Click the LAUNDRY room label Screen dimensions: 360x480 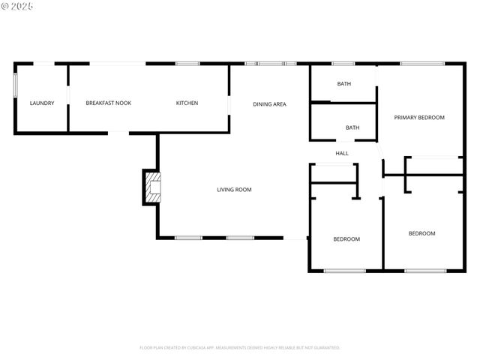(41, 103)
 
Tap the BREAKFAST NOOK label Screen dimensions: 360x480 (108, 103)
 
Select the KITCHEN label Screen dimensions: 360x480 (187, 103)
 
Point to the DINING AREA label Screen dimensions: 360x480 (269, 104)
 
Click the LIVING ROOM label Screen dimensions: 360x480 (234, 190)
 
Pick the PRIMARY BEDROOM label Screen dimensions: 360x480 (419, 118)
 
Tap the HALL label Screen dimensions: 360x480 (342, 153)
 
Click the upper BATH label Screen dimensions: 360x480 (343, 84)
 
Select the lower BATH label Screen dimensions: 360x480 (352, 127)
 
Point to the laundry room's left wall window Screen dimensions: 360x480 (15, 85)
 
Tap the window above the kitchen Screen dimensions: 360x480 (187, 64)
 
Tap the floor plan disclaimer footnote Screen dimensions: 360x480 (240, 348)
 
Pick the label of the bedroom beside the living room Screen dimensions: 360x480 (346, 239)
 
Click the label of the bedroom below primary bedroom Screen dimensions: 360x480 (421, 233)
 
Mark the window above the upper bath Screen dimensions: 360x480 (343, 64)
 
